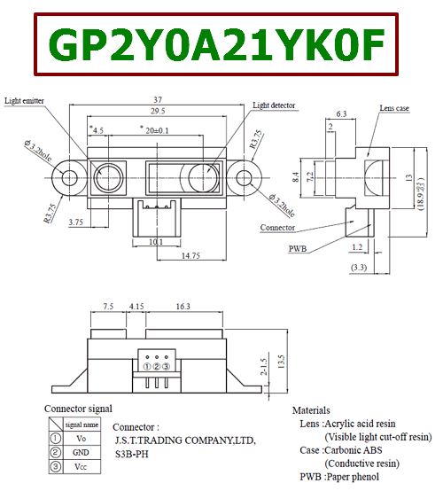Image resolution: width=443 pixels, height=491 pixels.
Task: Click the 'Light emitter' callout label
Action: coord(24,101)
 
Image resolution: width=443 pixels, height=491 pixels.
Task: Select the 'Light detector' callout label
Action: coord(274,105)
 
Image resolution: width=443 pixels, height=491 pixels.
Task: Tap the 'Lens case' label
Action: coord(393,108)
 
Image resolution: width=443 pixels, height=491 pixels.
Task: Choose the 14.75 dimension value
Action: coord(189,254)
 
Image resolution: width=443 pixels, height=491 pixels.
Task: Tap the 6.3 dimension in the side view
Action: coord(341,114)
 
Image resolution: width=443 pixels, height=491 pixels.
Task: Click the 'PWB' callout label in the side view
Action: coord(299,249)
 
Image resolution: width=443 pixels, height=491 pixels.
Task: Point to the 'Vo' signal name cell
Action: coord(80,438)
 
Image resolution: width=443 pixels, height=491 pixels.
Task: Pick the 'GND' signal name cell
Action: coord(80,452)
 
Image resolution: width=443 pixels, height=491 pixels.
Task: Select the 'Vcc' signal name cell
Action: coord(80,466)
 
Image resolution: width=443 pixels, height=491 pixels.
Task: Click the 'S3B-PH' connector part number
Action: coord(133,453)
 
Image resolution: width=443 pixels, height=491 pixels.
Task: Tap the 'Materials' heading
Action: coord(311,410)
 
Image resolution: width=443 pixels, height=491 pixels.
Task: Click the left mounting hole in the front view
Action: coord(69,175)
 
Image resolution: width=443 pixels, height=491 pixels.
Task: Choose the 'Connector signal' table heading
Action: coord(78,409)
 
